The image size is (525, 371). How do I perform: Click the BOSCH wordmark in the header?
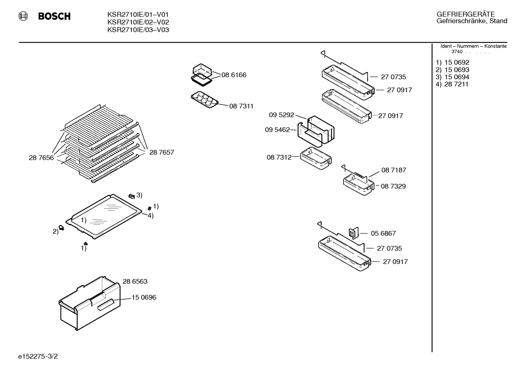click(x=54, y=16)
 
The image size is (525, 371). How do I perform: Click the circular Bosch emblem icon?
click(x=23, y=16)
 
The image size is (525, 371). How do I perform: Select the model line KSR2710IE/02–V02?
click(x=138, y=22)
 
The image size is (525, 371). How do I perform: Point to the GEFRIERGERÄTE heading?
click(x=465, y=14)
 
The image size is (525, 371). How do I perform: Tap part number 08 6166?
click(x=234, y=75)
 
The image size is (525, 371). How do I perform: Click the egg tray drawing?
click(x=205, y=99)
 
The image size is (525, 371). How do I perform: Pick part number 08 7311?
click(x=241, y=106)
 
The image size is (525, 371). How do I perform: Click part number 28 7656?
click(x=41, y=158)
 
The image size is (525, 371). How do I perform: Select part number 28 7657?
click(x=162, y=153)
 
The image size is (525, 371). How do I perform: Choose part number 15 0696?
click(x=144, y=297)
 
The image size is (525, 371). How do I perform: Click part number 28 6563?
click(x=135, y=281)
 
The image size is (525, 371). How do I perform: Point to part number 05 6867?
click(x=383, y=233)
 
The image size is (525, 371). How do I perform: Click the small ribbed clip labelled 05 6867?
click(x=354, y=233)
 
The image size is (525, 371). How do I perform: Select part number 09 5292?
click(x=281, y=115)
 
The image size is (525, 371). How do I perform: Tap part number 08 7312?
click(x=279, y=157)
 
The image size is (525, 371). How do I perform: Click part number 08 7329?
click(x=393, y=186)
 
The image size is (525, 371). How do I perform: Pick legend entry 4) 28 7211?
click(x=452, y=84)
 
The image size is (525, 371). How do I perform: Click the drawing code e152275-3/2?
click(x=38, y=356)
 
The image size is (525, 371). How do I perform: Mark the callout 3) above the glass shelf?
click(x=139, y=195)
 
